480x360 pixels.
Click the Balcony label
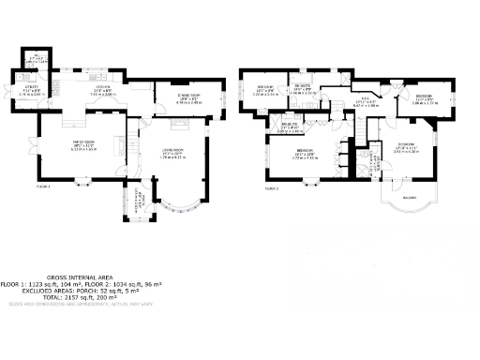(409, 198)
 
